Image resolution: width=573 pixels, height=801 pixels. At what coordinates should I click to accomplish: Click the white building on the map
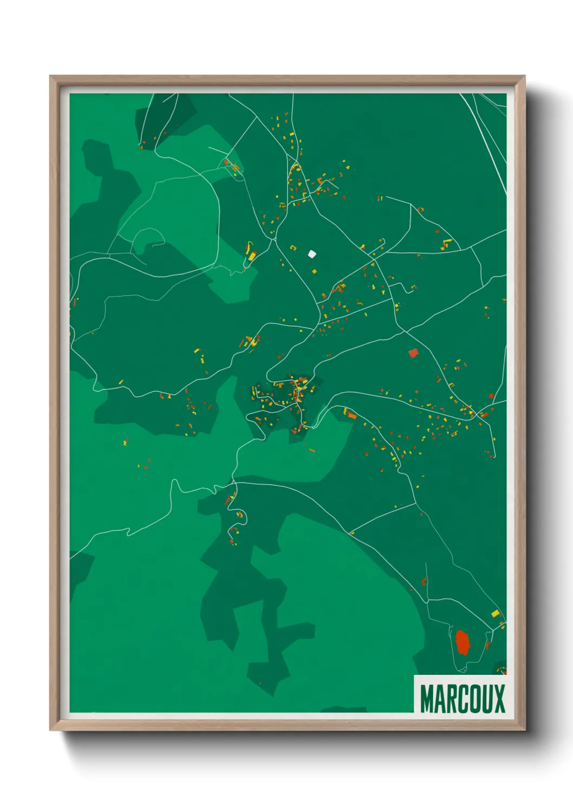(x=312, y=253)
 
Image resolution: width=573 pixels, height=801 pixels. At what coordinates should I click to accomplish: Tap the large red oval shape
(x=463, y=642)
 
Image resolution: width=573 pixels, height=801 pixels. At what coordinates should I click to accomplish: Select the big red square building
(x=413, y=353)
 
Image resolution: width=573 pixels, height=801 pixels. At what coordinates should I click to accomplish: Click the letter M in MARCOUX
(x=427, y=699)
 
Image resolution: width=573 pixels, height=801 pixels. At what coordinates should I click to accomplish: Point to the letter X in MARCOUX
(x=499, y=699)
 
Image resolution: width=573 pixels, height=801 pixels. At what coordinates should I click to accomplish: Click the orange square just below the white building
(x=314, y=271)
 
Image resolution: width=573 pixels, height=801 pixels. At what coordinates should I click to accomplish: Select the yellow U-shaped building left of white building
(x=293, y=248)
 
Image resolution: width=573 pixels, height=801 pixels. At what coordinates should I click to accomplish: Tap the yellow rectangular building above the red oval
(x=495, y=613)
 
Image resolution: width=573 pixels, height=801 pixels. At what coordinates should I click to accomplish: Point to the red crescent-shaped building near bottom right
(x=424, y=582)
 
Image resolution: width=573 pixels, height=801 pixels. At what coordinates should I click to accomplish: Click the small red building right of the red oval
(x=487, y=645)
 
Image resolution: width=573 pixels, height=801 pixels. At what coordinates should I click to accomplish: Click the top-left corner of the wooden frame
(x=50, y=76)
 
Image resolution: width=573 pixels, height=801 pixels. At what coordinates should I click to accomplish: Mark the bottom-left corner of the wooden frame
(x=50, y=730)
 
